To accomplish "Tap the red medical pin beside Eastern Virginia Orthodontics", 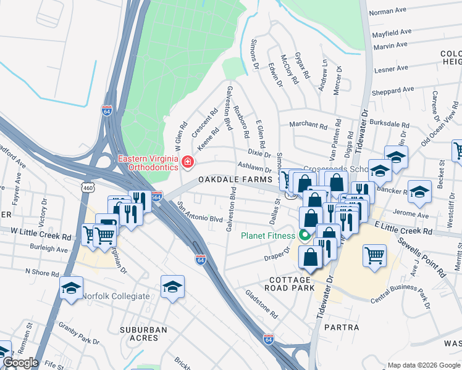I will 187,162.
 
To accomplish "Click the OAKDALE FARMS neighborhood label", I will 235,179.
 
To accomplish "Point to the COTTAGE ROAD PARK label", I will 290,284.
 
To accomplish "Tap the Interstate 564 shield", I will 156,195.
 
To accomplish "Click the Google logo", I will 20,363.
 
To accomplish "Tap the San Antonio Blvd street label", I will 200,212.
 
